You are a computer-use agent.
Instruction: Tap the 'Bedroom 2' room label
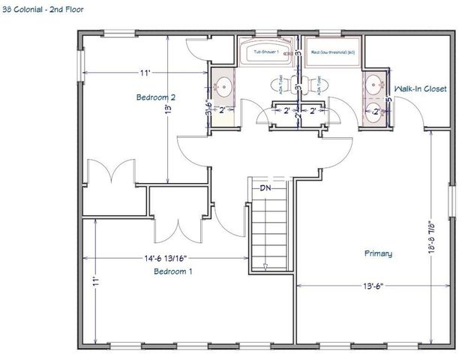click(x=156, y=97)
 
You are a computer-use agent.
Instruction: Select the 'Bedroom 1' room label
click(x=173, y=271)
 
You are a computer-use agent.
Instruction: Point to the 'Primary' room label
click(x=378, y=253)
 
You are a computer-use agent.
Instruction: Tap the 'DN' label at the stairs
click(x=265, y=188)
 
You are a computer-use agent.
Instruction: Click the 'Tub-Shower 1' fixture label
click(x=265, y=52)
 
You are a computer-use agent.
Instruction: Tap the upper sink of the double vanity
click(x=373, y=82)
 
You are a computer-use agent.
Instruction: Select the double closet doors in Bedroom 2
click(x=111, y=172)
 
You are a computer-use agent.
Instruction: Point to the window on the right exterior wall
click(x=452, y=202)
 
